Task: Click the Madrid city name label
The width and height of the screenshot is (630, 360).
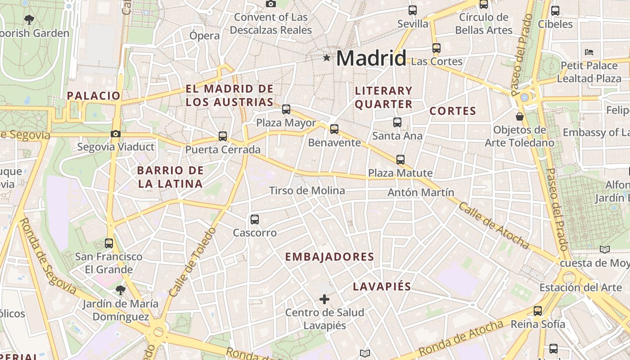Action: pos(371,58)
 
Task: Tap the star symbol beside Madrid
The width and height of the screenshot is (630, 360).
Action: pos(327,58)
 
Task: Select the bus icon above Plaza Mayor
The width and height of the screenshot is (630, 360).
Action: pos(286,109)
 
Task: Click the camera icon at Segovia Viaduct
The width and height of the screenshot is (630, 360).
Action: pos(116,134)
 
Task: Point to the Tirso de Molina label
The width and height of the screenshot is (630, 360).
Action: pos(307,191)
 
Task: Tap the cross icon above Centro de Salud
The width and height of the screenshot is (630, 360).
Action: pos(324,299)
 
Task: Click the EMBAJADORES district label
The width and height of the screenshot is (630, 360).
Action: pos(330,257)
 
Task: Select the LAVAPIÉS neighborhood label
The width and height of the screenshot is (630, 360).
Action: pos(382,287)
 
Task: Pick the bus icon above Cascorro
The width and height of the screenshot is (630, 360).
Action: pos(255,220)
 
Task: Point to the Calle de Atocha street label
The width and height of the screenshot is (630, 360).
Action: pos(494,225)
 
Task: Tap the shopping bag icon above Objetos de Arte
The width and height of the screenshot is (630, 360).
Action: pos(520,117)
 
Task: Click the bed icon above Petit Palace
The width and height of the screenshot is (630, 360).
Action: pos(589,52)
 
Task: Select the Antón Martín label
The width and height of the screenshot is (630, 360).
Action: pos(421,193)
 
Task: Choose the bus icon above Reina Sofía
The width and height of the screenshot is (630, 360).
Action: pos(538,310)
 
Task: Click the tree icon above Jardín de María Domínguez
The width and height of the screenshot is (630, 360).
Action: pos(120,290)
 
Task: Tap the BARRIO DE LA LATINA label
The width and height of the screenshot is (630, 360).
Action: pos(171,177)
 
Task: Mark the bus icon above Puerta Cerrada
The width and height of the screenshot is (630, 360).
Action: pos(223,136)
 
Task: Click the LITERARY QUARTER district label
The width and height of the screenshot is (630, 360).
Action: pos(384,98)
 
